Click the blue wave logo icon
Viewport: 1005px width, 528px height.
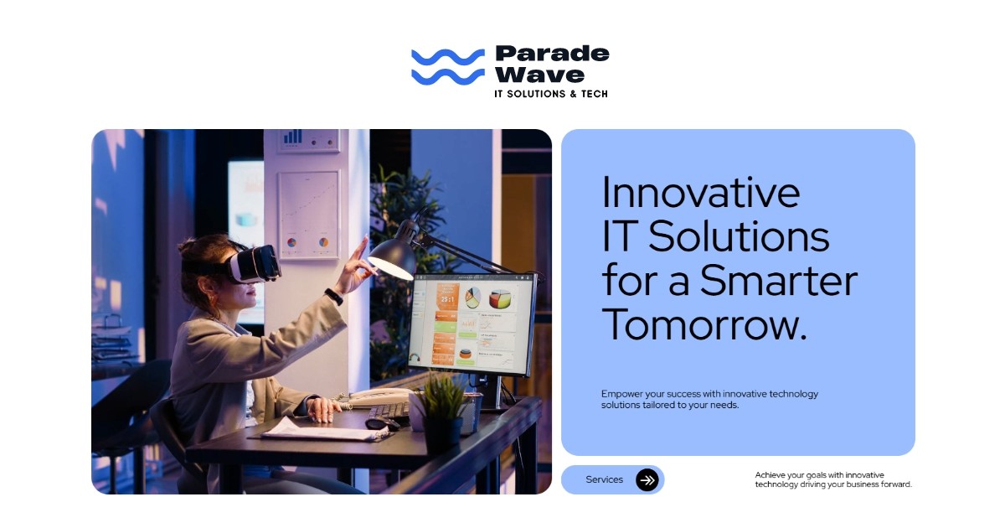[x=447, y=66]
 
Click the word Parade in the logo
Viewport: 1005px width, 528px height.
[x=552, y=54]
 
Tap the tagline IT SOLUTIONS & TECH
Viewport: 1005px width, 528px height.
[x=551, y=94]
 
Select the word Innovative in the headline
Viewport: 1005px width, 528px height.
[x=701, y=192]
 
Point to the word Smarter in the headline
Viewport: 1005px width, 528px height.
[x=779, y=280]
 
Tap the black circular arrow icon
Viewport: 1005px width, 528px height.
[x=647, y=479]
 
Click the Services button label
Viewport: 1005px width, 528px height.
[x=604, y=479]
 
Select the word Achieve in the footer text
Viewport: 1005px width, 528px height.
[x=771, y=474]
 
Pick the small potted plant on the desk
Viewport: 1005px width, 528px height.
[x=441, y=410]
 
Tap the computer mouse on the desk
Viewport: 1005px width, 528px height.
[x=377, y=423]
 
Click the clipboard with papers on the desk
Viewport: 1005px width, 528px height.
[x=314, y=430]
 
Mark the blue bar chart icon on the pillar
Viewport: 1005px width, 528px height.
[x=292, y=136]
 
